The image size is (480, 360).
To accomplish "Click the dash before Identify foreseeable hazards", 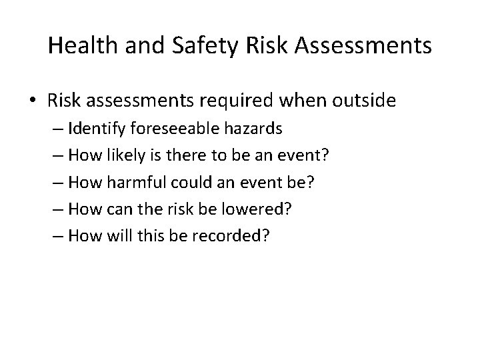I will click(x=71, y=128).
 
